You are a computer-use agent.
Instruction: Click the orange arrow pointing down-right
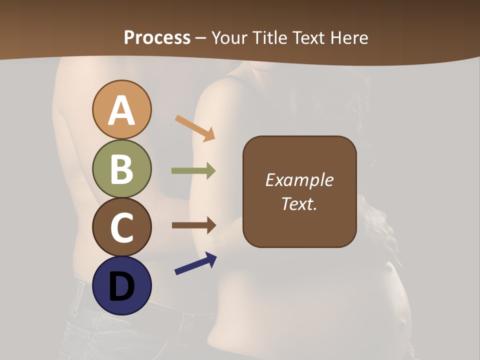tap(195, 128)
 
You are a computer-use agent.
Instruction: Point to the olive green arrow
tap(194, 171)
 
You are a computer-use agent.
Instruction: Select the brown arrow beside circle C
tap(194, 225)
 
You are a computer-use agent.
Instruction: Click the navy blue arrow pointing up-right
tap(195, 263)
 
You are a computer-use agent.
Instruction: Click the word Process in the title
tap(157, 37)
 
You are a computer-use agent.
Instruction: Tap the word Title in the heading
tap(271, 37)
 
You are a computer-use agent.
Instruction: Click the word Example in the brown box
tap(299, 180)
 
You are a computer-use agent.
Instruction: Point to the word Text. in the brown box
tap(299, 203)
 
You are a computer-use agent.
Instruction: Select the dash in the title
tap(201, 38)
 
